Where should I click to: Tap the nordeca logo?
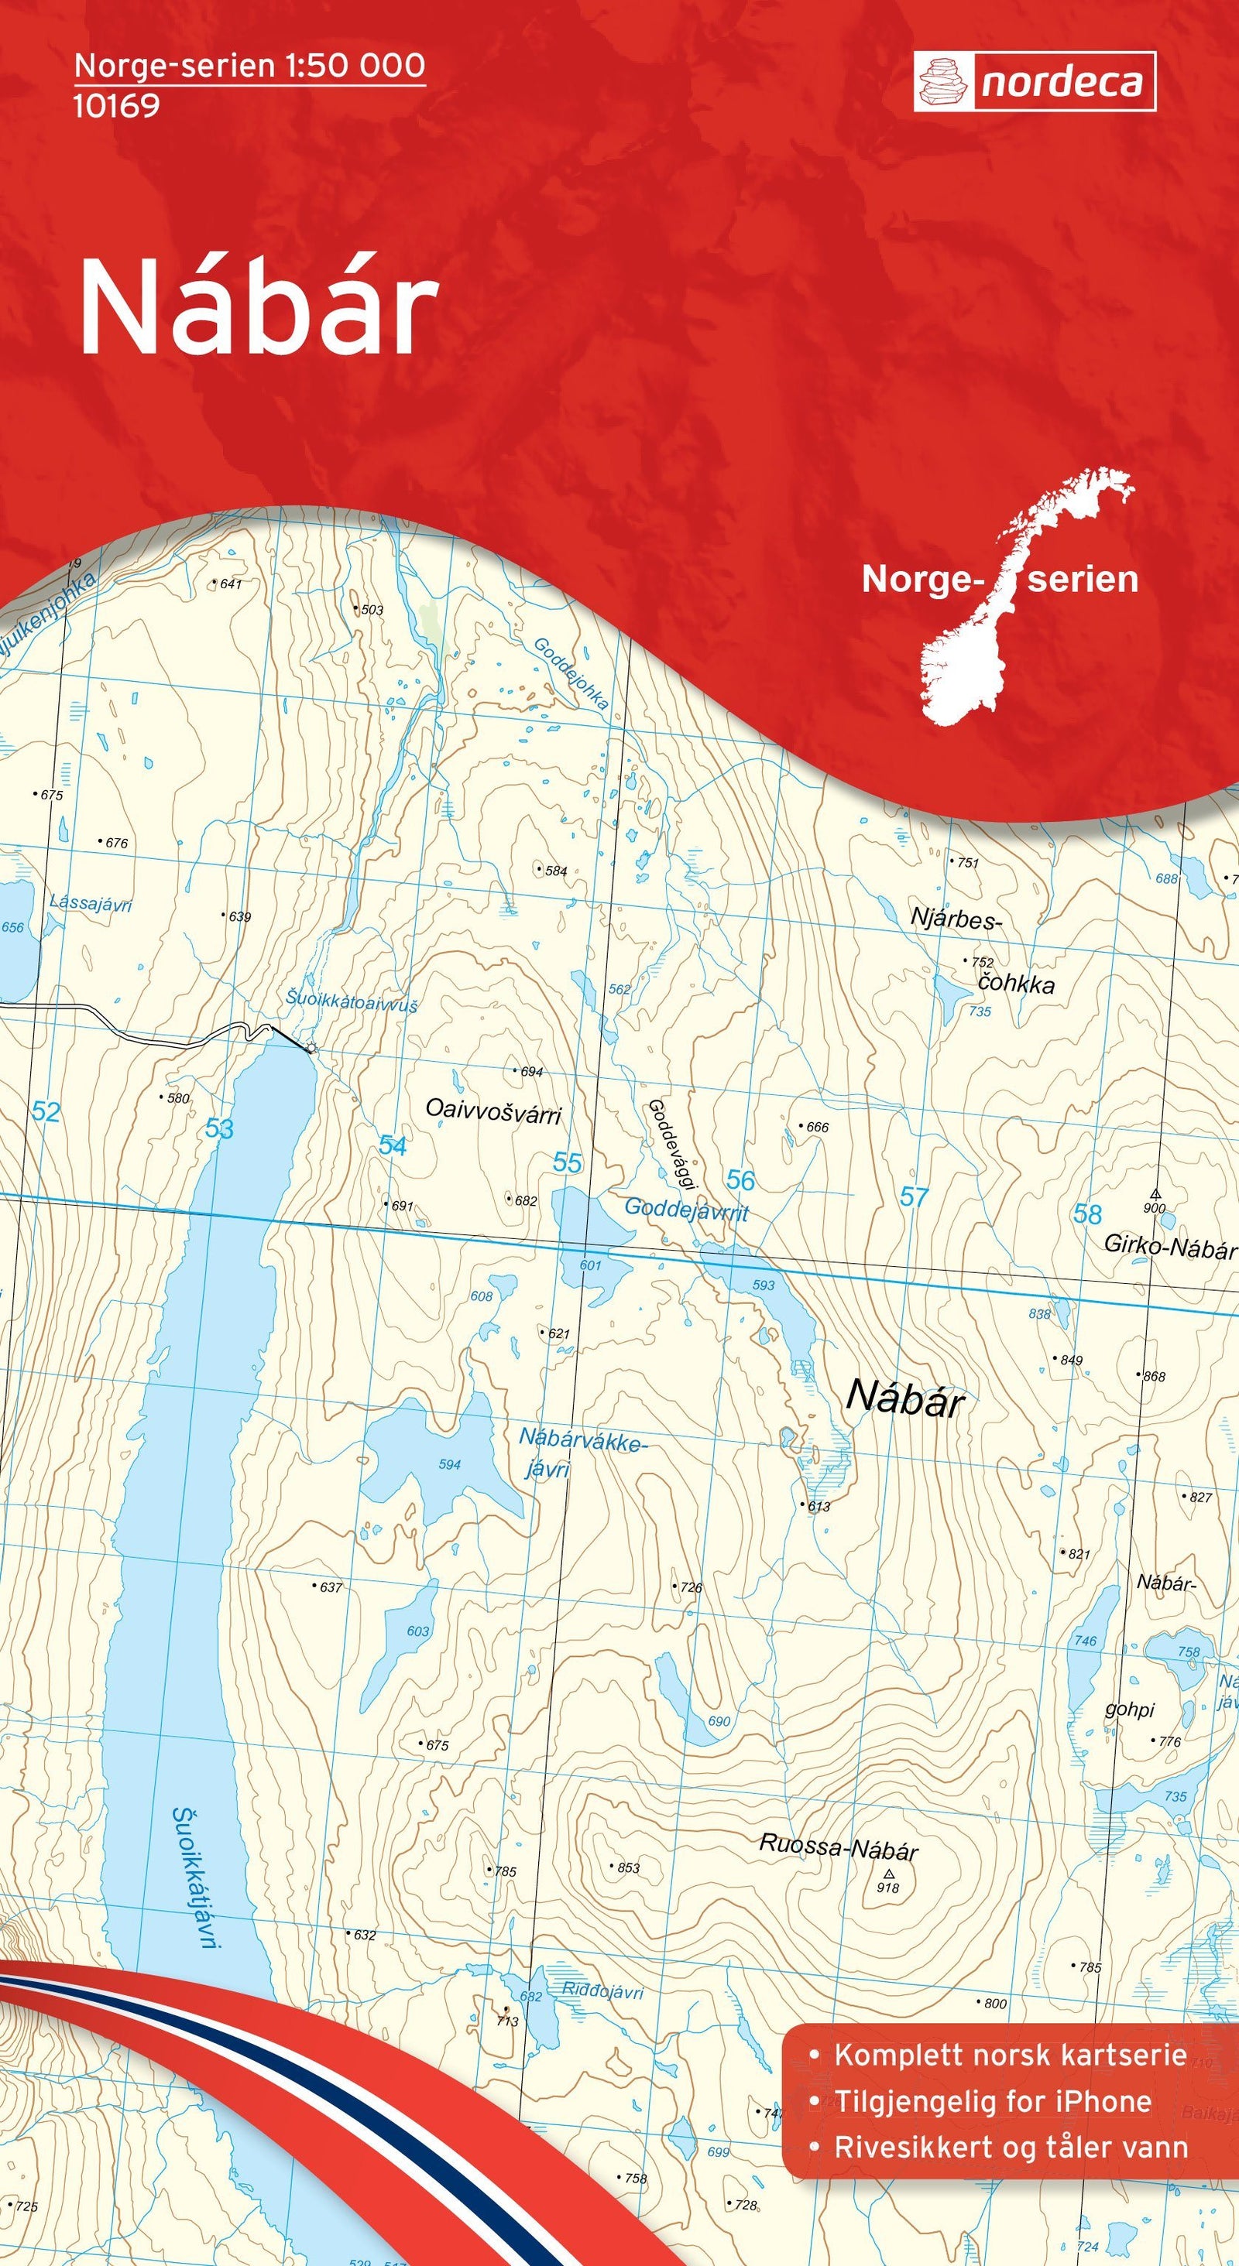[x=1034, y=82]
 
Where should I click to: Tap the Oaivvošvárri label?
[x=493, y=1112]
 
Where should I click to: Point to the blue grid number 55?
[x=568, y=1163]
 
